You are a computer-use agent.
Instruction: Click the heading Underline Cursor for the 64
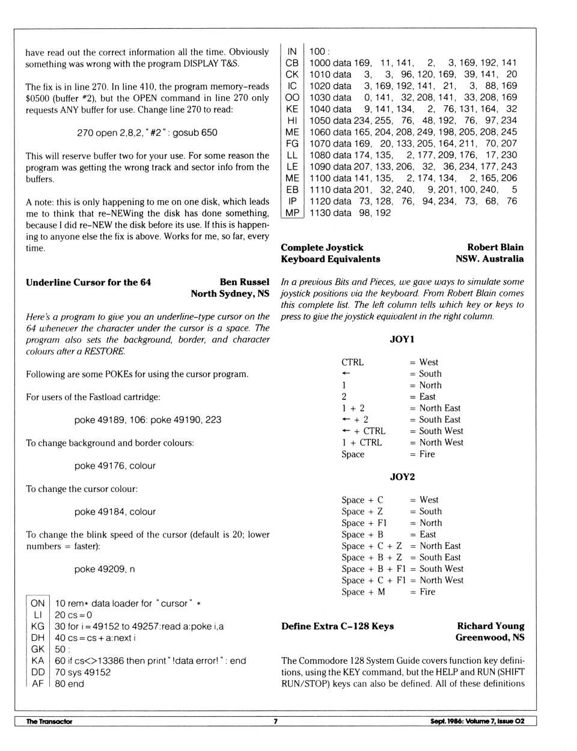(88, 283)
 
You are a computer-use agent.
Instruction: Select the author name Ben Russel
(244, 282)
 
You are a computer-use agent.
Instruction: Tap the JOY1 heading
(402, 339)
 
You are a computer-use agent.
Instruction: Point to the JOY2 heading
(402, 477)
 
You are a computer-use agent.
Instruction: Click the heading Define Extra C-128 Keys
(337, 627)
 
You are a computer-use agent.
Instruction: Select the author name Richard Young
(490, 626)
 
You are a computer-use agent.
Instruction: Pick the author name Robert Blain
(495, 247)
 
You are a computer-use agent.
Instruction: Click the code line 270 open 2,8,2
(147, 133)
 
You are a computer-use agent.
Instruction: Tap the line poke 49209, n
(105, 569)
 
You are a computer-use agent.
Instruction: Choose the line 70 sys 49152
(82, 672)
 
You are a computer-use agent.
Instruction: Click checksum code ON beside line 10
(38, 603)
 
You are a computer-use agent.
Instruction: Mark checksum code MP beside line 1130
(292, 213)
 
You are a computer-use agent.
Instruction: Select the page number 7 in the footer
(275, 722)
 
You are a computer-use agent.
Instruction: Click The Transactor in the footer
(49, 722)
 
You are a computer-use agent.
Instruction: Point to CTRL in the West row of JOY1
(352, 363)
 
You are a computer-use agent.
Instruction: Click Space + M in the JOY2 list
(363, 592)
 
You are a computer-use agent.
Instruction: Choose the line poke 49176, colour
(115, 466)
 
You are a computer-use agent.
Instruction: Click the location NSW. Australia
(489, 259)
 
